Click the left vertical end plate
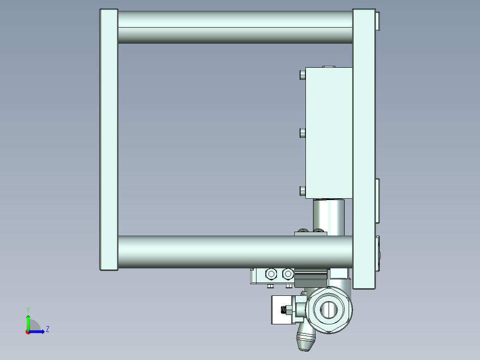[x=109, y=139]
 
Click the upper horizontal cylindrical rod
[x=235, y=27]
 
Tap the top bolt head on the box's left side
[x=303, y=74]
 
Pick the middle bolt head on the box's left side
[x=303, y=133]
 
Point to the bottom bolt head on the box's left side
[x=303, y=192]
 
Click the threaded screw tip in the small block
[x=283, y=309]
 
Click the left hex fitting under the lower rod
[x=271, y=273]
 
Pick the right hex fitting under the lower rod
[x=288, y=273]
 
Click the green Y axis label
[x=28, y=309]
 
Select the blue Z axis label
[x=47, y=329]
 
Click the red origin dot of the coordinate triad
[x=28, y=331]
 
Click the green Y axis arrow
[x=28, y=322]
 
